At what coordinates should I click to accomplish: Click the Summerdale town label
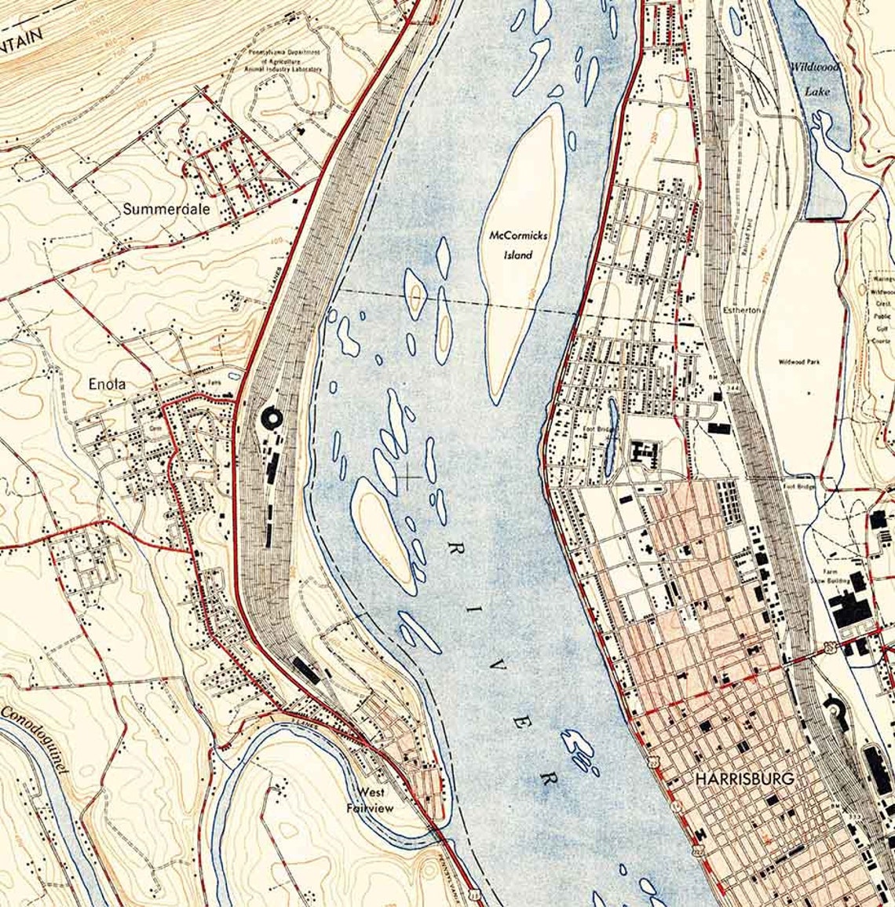(155, 210)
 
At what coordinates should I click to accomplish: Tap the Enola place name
(107, 384)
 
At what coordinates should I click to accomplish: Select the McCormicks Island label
(518, 244)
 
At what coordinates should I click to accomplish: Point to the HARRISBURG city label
(744, 778)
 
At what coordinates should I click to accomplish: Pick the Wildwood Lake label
(816, 79)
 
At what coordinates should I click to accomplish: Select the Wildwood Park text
(799, 362)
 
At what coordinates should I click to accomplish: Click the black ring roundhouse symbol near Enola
(272, 419)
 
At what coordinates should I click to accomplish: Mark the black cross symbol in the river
(408, 475)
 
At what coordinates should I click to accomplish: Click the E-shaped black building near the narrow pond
(647, 452)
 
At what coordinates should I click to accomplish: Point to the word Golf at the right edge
(880, 330)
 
